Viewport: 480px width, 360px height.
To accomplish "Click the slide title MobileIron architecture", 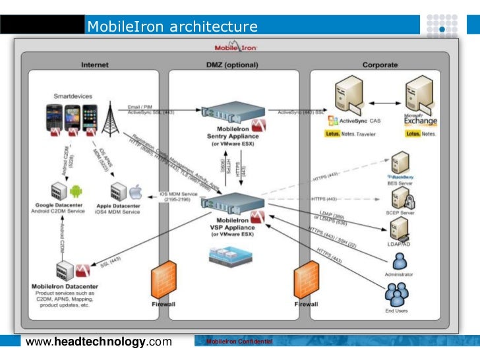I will click(x=172, y=27).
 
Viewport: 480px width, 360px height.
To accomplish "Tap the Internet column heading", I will click(x=95, y=65).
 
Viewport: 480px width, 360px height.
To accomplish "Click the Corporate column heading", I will click(x=380, y=65).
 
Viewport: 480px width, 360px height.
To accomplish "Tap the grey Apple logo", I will click(x=136, y=193).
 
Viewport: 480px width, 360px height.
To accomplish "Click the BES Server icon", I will click(x=400, y=163).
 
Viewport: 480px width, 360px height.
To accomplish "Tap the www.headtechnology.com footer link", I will click(x=98, y=342).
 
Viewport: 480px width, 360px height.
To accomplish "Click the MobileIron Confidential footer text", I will click(x=239, y=342).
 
